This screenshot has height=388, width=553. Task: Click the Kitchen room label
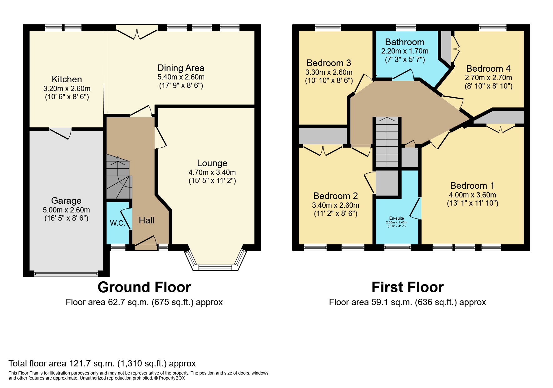click(67, 79)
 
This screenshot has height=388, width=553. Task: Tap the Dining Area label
click(181, 68)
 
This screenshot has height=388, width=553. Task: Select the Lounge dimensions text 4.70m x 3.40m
click(212, 172)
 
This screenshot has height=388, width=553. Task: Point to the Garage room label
click(66, 201)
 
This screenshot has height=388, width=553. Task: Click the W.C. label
click(117, 223)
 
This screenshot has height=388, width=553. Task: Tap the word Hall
click(146, 220)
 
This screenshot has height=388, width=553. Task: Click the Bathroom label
click(405, 42)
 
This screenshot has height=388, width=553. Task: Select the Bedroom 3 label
click(329, 63)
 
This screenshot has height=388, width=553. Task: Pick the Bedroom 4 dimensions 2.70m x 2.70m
click(488, 77)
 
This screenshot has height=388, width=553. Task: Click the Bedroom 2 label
click(335, 196)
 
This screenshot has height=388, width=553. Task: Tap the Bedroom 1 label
click(472, 186)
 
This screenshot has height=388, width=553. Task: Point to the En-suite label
click(397, 218)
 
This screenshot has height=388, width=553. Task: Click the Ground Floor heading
click(144, 287)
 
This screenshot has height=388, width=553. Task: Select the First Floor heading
click(407, 287)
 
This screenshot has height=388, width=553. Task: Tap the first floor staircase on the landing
click(387, 142)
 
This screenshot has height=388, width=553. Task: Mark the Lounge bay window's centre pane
click(215, 268)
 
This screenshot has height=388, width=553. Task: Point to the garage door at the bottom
click(66, 274)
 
